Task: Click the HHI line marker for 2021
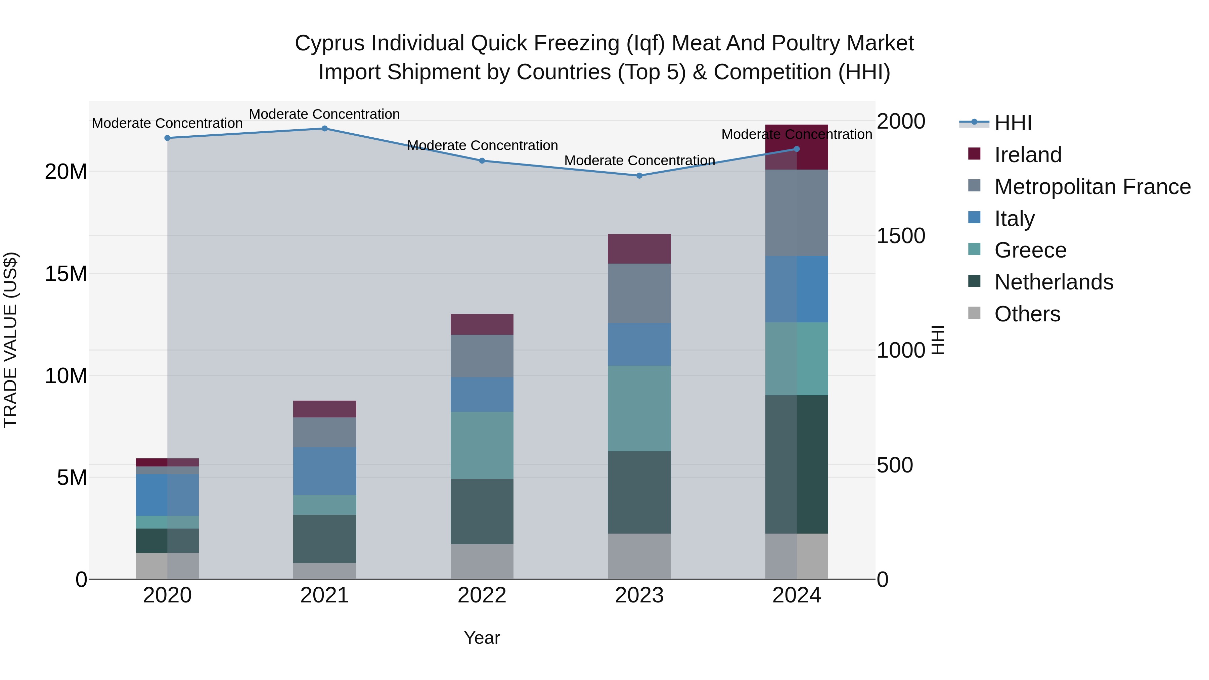pos(324,129)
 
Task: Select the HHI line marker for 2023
pos(639,176)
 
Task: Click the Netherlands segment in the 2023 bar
pos(639,492)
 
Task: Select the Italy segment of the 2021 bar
pos(324,471)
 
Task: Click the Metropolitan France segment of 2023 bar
pos(639,293)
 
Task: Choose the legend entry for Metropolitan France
pos(1092,186)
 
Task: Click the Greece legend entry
pos(1030,250)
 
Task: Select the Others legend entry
pos(1027,314)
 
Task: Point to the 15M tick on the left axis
pos(66,274)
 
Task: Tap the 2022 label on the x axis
pos(482,595)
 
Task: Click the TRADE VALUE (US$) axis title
pos(10,340)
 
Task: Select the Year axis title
pos(482,638)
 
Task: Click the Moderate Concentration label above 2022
pos(482,145)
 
